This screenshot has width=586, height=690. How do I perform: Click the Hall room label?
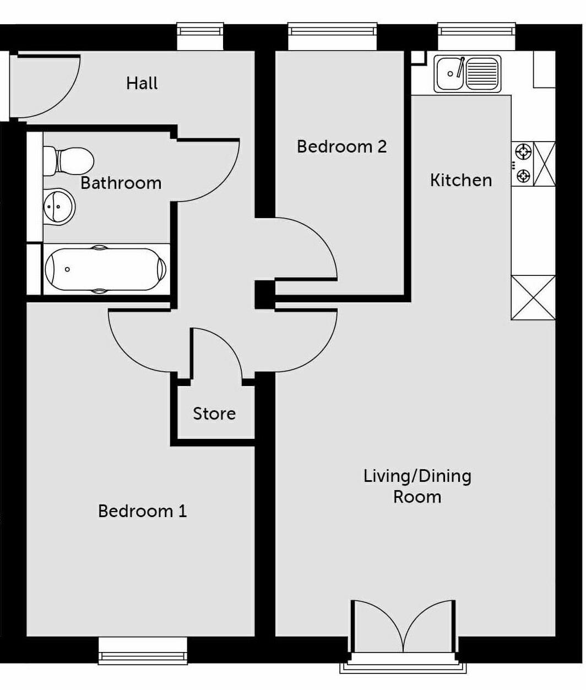(142, 83)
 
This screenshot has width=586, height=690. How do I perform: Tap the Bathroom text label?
(121, 183)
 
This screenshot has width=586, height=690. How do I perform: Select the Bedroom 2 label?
(341, 146)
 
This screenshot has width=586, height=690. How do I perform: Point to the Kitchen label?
(460, 180)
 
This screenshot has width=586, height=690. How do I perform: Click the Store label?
(214, 414)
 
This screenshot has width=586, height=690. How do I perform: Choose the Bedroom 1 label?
(142, 511)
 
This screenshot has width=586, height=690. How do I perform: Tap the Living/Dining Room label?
(417, 486)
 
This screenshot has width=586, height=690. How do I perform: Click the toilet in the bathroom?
(68, 161)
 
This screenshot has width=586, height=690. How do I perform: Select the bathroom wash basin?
(58, 207)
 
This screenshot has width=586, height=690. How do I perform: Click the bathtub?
(105, 269)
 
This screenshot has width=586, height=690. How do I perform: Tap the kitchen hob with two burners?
(523, 163)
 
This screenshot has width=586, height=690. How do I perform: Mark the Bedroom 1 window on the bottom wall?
(143, 650)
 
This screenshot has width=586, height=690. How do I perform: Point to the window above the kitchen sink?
(477, 36)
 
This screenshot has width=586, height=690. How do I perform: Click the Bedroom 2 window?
(333, 36)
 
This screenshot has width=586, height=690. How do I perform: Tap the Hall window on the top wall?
(200, 36)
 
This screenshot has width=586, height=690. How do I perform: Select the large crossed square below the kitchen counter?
(533, 297)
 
